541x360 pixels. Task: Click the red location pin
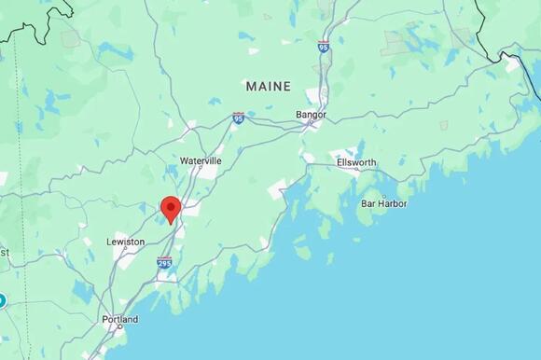(x=170, y=208)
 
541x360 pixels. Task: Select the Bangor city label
(x=311, y=115)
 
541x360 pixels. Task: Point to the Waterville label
(x=201, y=160)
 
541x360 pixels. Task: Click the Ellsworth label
(x=355, y=162)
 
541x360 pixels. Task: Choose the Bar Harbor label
(x=384, y=202)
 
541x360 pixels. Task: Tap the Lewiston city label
(x=125, y=242)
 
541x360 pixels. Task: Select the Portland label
(x=119, y=319)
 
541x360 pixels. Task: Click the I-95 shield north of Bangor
(x=323, y=47)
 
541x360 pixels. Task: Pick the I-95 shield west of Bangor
(x=239, y=118)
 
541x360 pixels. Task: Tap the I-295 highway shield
(x=164, y=264)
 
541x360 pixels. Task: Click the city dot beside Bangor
(x=312, y=123)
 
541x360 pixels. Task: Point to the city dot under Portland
(x=119, y=327)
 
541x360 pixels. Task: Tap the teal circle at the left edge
(x=2, y=300)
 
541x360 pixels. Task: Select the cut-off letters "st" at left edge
(x=4, y=252)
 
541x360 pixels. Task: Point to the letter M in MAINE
(x=251, y=86)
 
